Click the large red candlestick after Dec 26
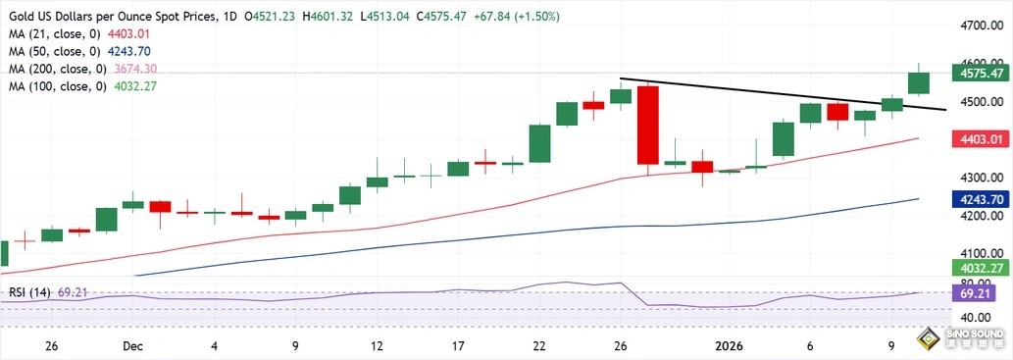[647, 125]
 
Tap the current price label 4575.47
[982, 73]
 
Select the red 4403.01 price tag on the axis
[982, 139]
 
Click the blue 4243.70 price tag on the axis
[982, 198]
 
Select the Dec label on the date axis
[132, 346]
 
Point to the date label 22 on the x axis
[539, 346]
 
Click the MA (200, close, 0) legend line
[82, 69]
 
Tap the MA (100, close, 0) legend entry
[82, 86]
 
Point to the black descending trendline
[785, 94]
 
